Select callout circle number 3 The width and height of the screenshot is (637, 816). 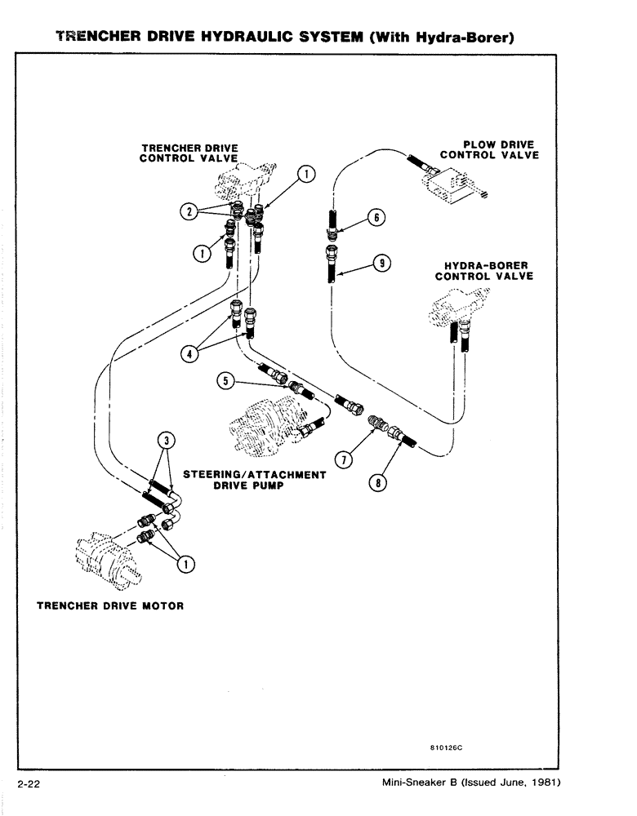(x=166, y=441)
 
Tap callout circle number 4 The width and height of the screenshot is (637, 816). (x=189, y=353)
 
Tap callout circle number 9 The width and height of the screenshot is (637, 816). (x=381, y=263)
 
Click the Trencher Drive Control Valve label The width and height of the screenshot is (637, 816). (x=189, y=153)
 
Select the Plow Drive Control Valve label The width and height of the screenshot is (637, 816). (x=489, y=150)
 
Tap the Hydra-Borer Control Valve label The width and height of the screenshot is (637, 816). (x=484, y=271)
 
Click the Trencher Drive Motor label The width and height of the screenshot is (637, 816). (x=110, y=606)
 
